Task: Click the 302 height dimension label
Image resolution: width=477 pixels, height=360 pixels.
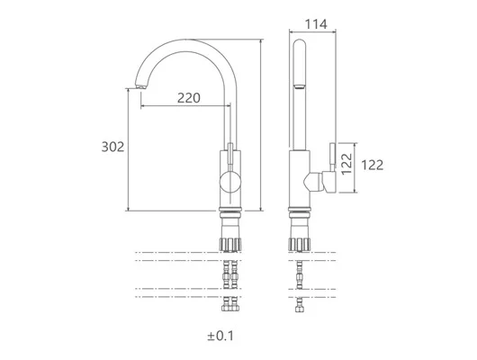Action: (112, 147)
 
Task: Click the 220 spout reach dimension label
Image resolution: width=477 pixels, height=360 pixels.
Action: (189, 98)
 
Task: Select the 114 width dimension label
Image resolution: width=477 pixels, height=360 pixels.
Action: (316, 24)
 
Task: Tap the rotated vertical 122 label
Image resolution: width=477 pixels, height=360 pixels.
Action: (346, 164)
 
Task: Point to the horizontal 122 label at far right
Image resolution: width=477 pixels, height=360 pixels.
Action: (372, 166)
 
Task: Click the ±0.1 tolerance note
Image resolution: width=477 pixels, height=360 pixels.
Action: (220, 336)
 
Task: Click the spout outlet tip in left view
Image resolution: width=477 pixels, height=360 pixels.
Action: (141, 86)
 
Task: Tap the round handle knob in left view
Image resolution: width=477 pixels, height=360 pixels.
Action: (230, 183)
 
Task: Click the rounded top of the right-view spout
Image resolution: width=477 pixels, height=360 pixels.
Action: (300, 42)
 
